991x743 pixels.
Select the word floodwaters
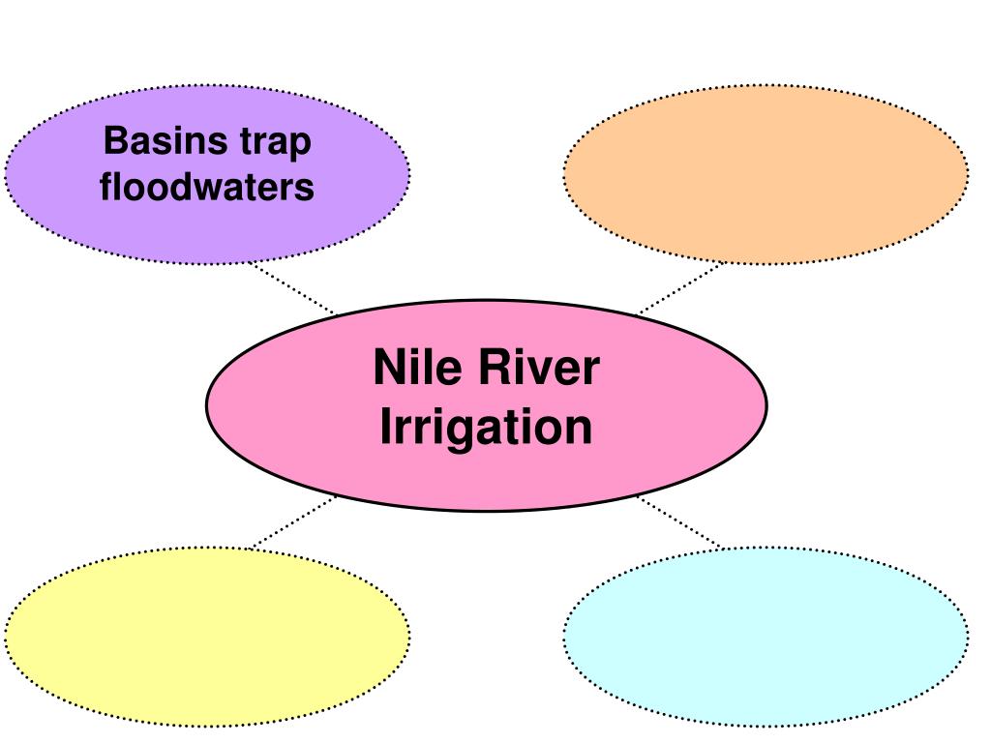pos(207,186)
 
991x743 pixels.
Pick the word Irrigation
pos(486,427)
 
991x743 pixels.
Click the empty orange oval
pos(766,174)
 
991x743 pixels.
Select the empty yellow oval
pos(207,636)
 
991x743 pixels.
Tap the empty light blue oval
pos(766,636)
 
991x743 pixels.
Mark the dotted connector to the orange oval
pos(679,287)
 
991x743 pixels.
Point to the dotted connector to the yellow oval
pos(292,522)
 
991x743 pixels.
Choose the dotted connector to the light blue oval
pos(679,522)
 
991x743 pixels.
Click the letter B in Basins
pos(112,142)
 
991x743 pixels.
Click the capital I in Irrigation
pos(384,427)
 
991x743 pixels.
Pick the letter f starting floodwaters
pos(105,186)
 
